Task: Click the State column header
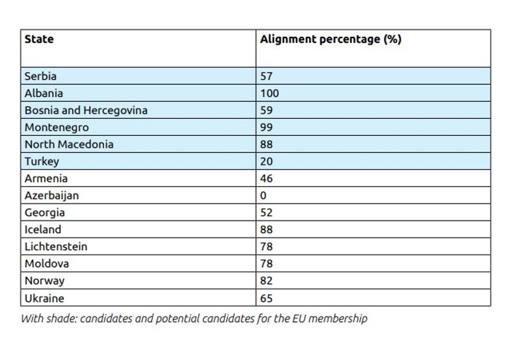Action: click(x=39, y=39)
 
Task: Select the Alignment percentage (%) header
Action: click(x=331, y=39)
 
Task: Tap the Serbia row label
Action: click(x=40, y=76)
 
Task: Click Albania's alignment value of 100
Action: click(x=270, y=94)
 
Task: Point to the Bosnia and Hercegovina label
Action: click(x=86, y=111)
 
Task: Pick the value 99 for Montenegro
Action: click(x=266, y=127)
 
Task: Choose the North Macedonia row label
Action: click(x=69, y=144)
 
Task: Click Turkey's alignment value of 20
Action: click(x=266, y=162)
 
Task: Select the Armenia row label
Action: click(x=46, y=179)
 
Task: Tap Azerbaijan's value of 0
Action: click(x=263, y=196)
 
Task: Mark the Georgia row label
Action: click(x=45, y=213)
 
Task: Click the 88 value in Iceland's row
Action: click(x=266, y=230)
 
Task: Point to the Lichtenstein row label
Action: click(x=56, y=246)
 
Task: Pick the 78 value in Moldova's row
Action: click(x=266, y=264)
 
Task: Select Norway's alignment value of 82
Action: click(x=266, y=281)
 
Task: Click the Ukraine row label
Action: click(x=44, y=298)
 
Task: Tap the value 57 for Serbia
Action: click(x=266, y=76)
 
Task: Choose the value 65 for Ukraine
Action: click(x=266, y=298)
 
